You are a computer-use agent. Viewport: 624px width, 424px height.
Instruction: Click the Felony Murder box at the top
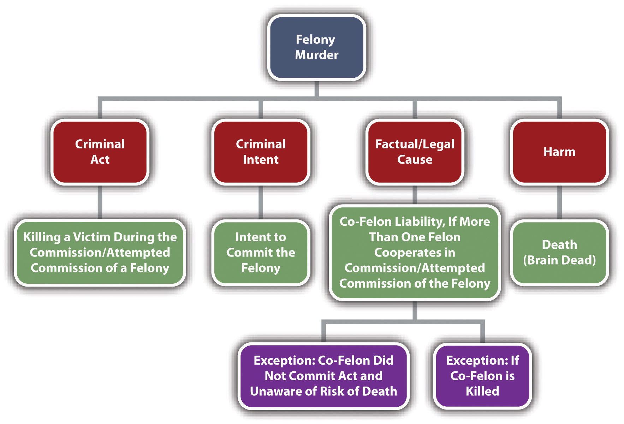point(316,47)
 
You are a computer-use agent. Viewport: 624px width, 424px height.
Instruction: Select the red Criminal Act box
point(100,152)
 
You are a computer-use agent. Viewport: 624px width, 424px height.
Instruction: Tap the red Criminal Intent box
point(261,152)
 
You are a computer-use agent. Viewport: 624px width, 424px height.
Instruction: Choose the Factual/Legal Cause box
point(415,152)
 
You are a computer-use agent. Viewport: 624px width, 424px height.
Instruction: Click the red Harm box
point(559,152)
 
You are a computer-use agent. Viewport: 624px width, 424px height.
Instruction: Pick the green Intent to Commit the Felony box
point(261,252)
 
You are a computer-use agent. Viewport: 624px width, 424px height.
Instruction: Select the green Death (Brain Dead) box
point(559,252)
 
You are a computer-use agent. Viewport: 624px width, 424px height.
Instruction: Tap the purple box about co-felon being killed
point(482,376)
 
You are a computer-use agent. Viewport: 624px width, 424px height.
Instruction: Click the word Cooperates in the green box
point(415,253)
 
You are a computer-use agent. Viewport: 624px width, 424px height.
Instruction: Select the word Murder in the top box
point(317,55)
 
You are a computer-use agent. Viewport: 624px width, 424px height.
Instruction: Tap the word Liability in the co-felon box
point(420,222)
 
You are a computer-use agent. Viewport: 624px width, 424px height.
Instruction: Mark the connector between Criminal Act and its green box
point(100,202)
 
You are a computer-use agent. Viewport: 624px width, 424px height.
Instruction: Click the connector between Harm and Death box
point(559,202)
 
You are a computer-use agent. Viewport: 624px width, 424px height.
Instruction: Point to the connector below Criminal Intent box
point(261,202)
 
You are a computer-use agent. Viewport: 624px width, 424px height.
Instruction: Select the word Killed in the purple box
point(482,391)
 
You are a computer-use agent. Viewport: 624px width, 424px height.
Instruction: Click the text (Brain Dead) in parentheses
point(559,260)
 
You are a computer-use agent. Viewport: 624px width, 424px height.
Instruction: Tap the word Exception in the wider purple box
point(284,360)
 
